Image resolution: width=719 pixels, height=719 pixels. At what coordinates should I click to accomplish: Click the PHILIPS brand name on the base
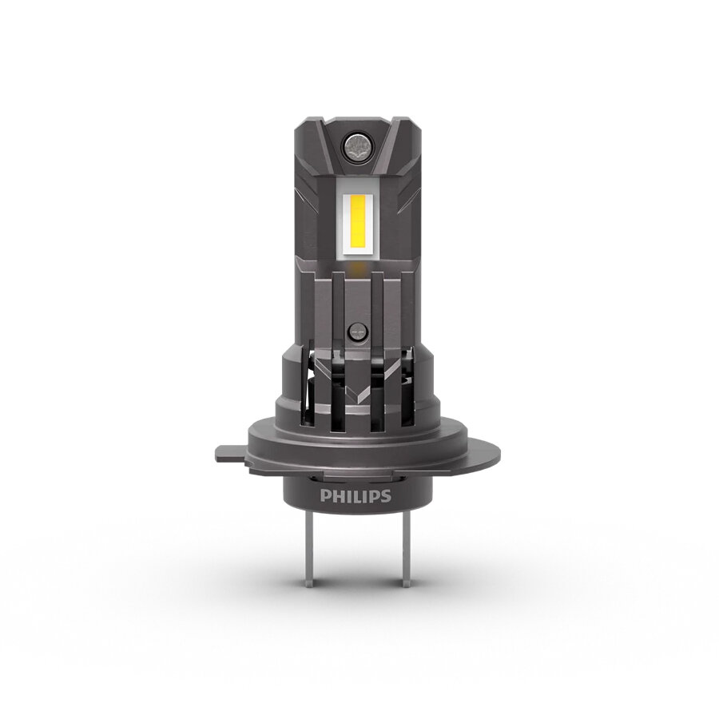pyautogui.click(x=356, y=496)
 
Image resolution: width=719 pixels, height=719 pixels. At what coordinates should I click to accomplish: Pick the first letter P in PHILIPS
pyautogui.click(x=325, y=496)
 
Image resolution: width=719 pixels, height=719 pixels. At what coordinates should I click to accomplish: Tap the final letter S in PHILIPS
pyautogui.click(x=386, y=496)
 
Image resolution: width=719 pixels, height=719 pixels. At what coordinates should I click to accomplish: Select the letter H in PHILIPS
pyautogui.click(x=337, y=496)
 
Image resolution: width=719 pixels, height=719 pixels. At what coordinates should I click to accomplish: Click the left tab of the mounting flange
pyautogui.click(x=228, y=453)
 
